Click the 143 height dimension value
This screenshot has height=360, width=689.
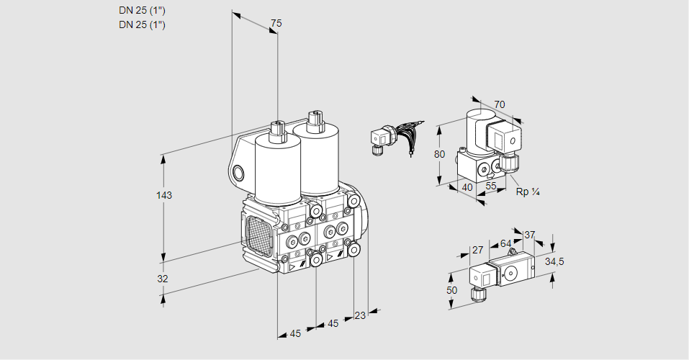point(165,195)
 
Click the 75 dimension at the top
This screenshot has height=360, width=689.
point(276,24)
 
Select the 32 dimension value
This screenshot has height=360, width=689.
point(163,279)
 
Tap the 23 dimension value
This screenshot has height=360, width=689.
point(360,315)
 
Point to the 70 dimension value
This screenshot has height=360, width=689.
point(500,104)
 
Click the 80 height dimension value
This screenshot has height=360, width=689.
point(441,154)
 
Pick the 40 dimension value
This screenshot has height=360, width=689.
point(467,187)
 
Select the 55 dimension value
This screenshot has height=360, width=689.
point(491,186)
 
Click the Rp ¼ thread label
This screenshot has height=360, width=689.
point(528,192)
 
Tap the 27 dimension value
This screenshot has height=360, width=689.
point(477,251)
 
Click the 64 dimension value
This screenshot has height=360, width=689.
point(505,243)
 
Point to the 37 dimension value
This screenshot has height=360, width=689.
point(530,235)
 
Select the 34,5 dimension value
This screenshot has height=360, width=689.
point(554,261)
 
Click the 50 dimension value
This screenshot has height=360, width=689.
point(451,290)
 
